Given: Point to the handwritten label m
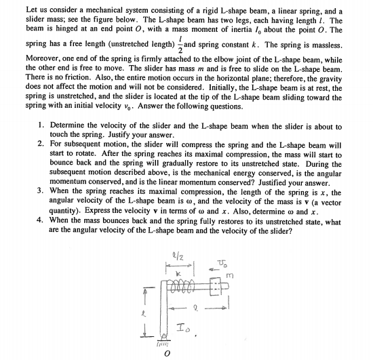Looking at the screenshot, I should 250,255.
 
